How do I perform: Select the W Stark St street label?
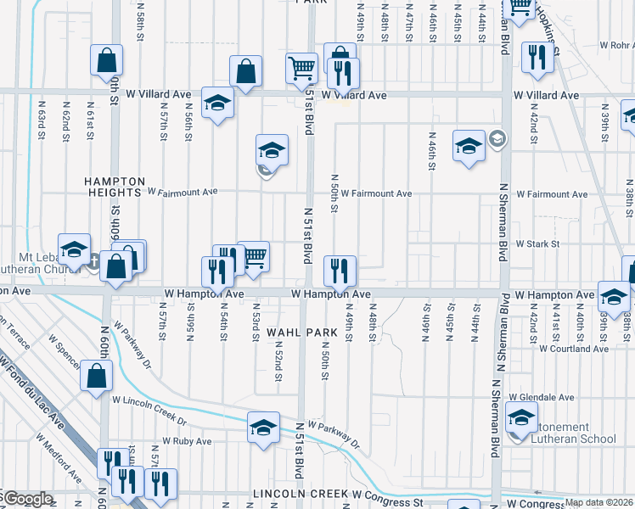(537, 243)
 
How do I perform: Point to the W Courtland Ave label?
(573, 349)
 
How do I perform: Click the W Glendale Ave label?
(542, 397)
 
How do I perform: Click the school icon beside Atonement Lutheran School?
(521, 417)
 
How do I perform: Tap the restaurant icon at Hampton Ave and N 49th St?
(340, 271)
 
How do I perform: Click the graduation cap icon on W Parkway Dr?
(264, 427)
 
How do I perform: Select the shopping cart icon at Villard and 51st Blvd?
(302, 69)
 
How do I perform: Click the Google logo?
(27, 499)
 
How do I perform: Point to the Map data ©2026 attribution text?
(599, 502)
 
